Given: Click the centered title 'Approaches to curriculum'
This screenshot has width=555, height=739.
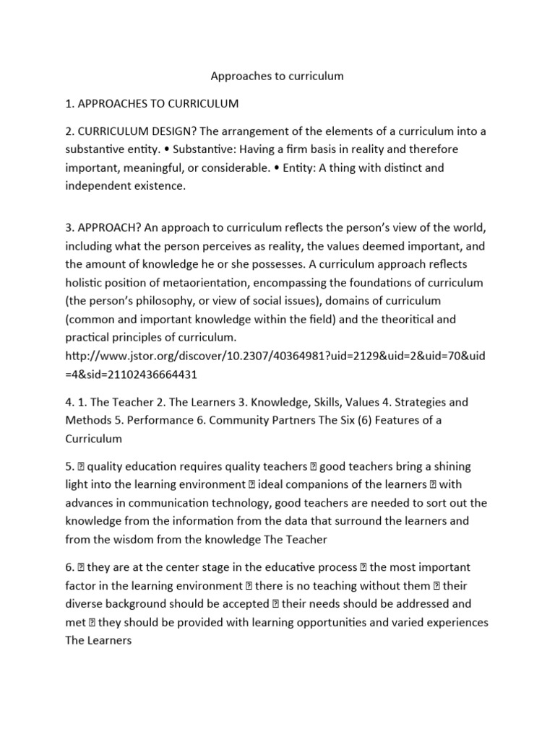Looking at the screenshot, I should point(277,76).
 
